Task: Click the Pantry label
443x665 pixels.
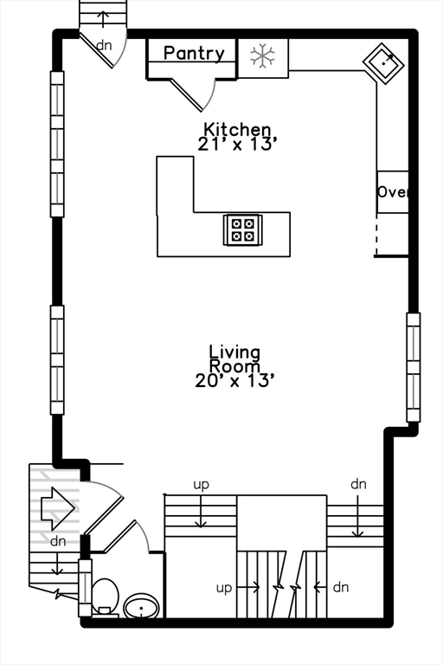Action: [x=194, y=54]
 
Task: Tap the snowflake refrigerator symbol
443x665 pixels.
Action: [x=262, y=57]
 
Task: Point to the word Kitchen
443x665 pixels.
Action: [x=237, y=129]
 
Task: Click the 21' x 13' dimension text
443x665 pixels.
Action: [x=237, y=145]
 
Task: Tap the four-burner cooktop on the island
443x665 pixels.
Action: [x=243, y=229]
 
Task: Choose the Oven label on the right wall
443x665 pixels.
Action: [x=392, y=192]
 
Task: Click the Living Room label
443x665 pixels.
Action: [x=234, y=358]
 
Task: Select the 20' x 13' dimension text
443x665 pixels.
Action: [x=234, y=379]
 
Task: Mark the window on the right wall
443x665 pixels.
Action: [x=414, y=367]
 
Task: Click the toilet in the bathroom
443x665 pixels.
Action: [x=105, y=596]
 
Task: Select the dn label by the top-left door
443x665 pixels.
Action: [x=104, y=44]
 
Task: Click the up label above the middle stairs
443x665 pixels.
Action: [x=201, y=484]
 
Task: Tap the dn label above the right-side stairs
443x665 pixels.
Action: [x=359, y=484]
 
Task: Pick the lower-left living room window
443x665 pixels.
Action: [x=57, y=360]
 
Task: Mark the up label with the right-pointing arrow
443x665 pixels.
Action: [x=224, y=587]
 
